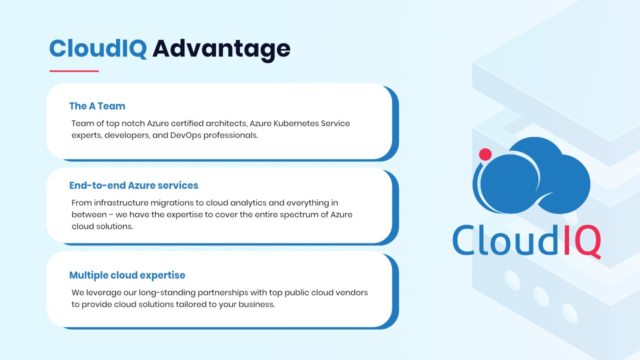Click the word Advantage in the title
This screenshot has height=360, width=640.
pos(221,49)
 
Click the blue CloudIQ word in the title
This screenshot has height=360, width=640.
pos(98,48)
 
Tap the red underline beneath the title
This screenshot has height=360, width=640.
pos(74,71)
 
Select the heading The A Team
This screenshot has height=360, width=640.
pos(97,106)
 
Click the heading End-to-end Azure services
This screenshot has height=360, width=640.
pos(133,185)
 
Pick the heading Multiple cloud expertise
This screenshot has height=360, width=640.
pos(127,275)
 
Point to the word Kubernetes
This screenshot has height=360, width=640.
pos(296,123)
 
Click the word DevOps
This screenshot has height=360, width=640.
pos(185,135)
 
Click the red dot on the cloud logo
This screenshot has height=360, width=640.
pos(485,154)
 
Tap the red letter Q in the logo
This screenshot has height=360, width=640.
pos(587,242)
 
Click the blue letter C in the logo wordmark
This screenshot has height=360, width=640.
pos(464,240)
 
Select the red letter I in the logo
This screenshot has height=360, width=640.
pos(567,239)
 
